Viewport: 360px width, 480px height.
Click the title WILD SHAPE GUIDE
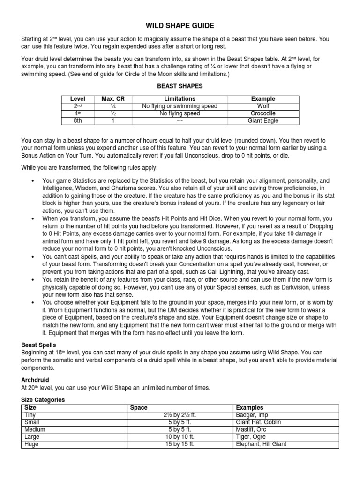180,26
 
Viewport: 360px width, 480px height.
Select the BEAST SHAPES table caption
180,87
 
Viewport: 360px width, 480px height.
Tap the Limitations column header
180,99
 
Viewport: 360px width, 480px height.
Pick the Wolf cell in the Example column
263,106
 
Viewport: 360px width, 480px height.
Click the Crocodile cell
263,113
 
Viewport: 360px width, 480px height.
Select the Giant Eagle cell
263,120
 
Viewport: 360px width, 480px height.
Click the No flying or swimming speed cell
180,106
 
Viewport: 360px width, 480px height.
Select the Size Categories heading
43,400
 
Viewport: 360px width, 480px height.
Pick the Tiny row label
30,415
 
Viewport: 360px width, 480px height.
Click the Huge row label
30,444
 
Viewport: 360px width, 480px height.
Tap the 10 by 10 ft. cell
180,436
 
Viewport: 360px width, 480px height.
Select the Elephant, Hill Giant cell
261,444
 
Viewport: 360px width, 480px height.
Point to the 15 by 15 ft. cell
180,444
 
